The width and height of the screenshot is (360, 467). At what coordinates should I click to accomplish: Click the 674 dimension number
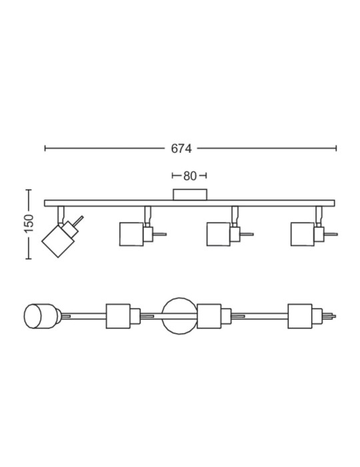(x=181, y=149)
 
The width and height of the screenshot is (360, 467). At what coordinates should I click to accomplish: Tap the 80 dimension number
(x=190, y=176)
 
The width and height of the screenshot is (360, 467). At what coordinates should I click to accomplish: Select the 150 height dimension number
(x=29, y=224)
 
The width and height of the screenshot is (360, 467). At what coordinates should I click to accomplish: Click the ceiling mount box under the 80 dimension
(x=190, y=195)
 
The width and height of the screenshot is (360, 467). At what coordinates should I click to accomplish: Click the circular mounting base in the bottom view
(x=179, y=316)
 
